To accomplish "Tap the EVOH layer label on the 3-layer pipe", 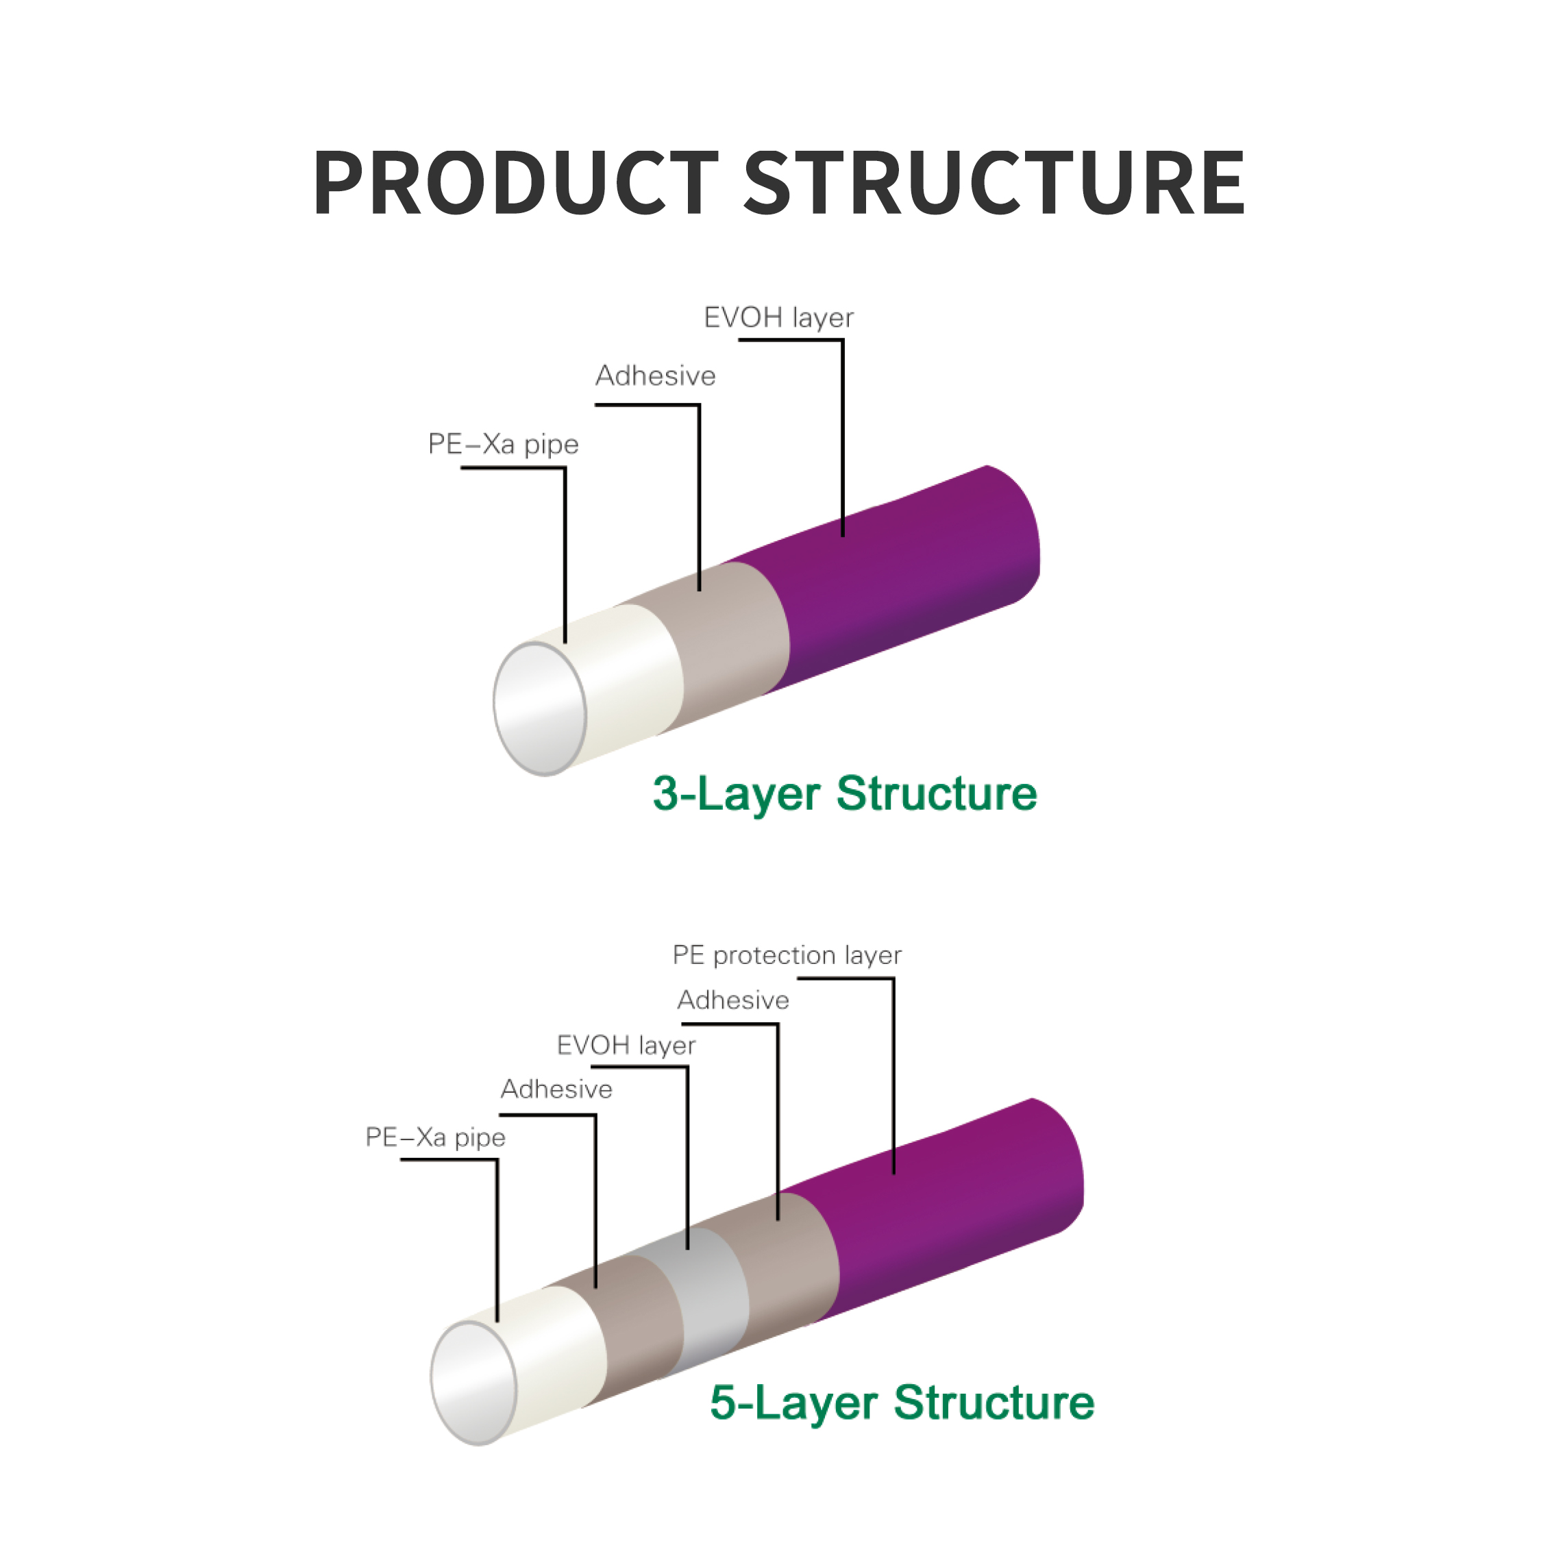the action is point(778,318).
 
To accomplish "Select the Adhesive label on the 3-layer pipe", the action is point(655,375).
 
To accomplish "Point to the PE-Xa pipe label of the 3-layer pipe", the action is point(503,444).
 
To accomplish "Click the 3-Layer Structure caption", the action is point(845,794).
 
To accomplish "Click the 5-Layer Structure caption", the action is point(902,1402).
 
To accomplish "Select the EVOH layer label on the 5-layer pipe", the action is point(626,1045).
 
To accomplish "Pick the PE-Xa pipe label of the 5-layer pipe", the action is point(435,1137).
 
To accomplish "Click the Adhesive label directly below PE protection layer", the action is point(732,1000).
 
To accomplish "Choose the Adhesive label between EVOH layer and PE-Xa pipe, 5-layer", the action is point(556,1089).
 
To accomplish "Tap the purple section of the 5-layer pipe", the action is point(949,1207).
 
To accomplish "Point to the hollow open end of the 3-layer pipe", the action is point(540,708).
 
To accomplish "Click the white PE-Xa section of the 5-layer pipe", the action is point(555,1359).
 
